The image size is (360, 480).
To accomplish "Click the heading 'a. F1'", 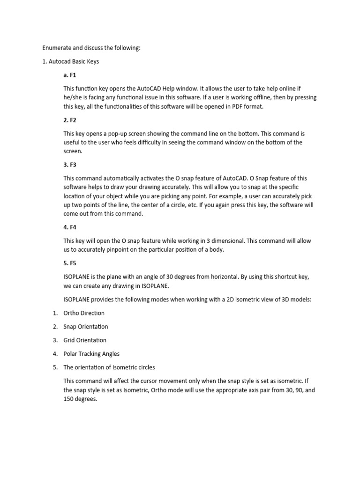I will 69,75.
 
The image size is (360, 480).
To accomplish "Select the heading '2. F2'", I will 69,120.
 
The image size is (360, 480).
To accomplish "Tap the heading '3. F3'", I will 69,165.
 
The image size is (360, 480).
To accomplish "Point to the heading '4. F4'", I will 69,227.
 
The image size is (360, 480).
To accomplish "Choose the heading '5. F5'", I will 69,263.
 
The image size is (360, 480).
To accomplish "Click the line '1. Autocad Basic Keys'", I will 71,61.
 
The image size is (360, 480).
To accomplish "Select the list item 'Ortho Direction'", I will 84,313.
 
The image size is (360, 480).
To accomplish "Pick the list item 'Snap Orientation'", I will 85,327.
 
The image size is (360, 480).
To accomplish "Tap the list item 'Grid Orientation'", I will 85,340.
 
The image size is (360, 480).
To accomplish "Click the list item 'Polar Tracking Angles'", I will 92,354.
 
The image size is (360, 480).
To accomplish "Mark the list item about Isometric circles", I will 109,367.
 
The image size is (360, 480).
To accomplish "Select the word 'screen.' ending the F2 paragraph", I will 73,151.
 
